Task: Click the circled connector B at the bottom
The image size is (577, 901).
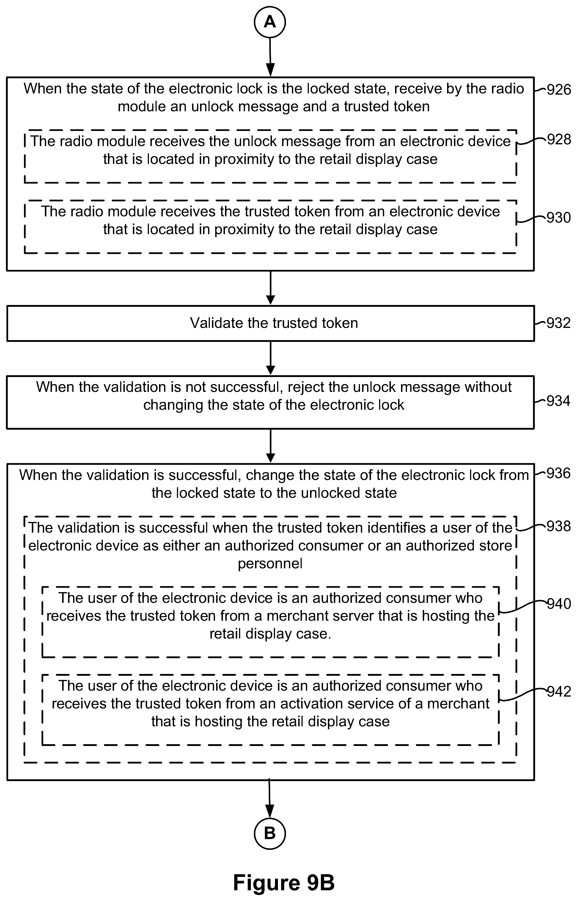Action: click(270, 833)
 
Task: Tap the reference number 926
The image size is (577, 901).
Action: click(559, 90)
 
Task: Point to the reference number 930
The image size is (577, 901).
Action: click(559, 218)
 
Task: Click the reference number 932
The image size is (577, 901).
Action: click(559, 323)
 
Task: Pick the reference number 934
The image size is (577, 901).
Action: click(559, 401)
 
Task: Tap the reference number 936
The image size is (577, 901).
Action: click(559, 473)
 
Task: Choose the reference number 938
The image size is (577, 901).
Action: click(559, 526)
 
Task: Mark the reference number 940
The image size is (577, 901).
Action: click(559, 604)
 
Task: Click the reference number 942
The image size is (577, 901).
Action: click(559, 692)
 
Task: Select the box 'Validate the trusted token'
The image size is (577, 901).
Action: click(271, 323)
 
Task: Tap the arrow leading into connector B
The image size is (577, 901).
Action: click(270, 799)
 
